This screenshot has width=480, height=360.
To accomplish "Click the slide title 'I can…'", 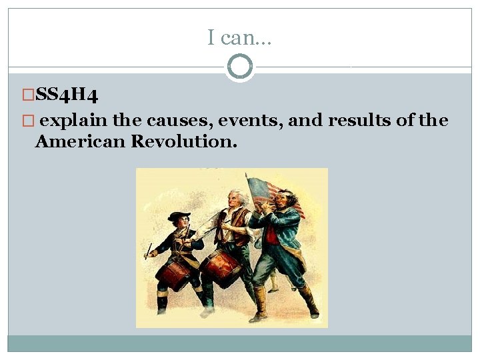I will click(239, 39).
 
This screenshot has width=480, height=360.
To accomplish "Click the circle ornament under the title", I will click(239, 67).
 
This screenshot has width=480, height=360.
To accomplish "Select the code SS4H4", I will click(67, 96).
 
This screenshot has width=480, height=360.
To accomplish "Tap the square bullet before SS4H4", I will click(28, 96).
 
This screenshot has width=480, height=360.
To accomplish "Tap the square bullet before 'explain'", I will click(28, 121).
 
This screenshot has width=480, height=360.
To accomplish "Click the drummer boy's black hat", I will click(179, 217).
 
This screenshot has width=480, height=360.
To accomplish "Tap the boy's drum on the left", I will click(173, 273).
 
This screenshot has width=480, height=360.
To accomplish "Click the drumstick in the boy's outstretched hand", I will click(148, 251).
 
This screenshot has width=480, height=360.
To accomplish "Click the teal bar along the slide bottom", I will click(239, 343).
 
